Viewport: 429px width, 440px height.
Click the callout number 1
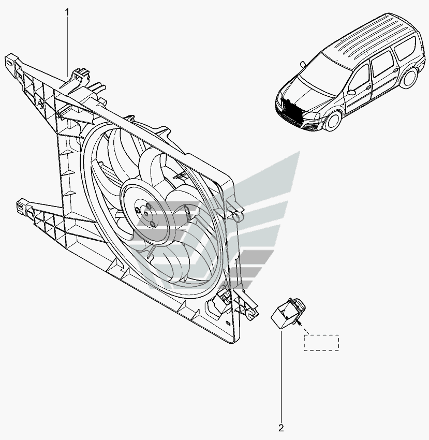[67, 12]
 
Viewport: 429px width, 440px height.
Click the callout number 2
[281, 428]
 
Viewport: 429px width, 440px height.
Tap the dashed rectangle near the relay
[321, 343]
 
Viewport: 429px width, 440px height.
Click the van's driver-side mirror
[352, 92]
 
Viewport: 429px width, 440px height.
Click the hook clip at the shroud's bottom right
[253, 314]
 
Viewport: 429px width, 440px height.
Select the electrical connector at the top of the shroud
[82, 75]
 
